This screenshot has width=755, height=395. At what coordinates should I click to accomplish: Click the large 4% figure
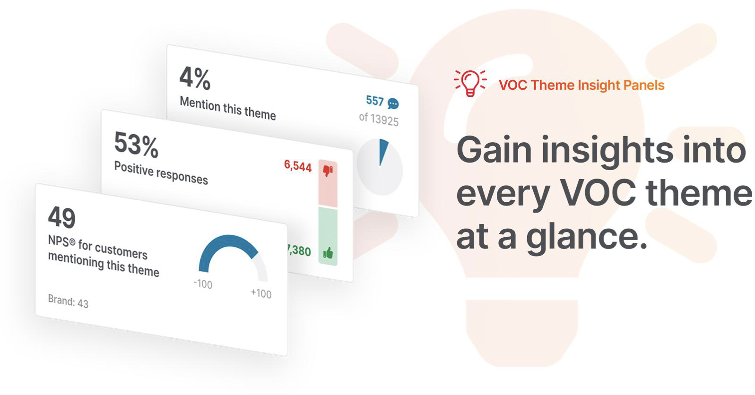point(195,78)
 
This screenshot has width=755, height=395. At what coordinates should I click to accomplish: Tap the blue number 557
point(375,101)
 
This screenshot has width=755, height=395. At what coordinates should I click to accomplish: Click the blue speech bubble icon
point(393,104)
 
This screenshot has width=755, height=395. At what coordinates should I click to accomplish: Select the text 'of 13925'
point(379,119)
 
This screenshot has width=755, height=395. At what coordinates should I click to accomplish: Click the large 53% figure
point(136,145)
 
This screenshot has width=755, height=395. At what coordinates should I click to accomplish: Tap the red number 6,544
point(298,166)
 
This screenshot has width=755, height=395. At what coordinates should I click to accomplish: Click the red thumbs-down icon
point(328,170)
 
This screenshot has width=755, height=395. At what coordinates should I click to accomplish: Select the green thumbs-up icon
point(328,253)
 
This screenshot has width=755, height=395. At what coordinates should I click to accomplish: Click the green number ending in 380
point(299,250)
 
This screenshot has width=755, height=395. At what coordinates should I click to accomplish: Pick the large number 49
point(61,217)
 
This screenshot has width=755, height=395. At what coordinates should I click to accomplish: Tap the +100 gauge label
point(261,293)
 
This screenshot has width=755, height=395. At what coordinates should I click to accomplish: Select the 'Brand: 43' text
point(68,301)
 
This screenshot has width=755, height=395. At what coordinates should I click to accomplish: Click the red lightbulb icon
point(470,83)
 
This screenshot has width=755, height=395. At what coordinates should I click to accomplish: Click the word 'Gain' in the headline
point(494,150)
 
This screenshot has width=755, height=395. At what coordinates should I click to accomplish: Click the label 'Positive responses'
point(161,173)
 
